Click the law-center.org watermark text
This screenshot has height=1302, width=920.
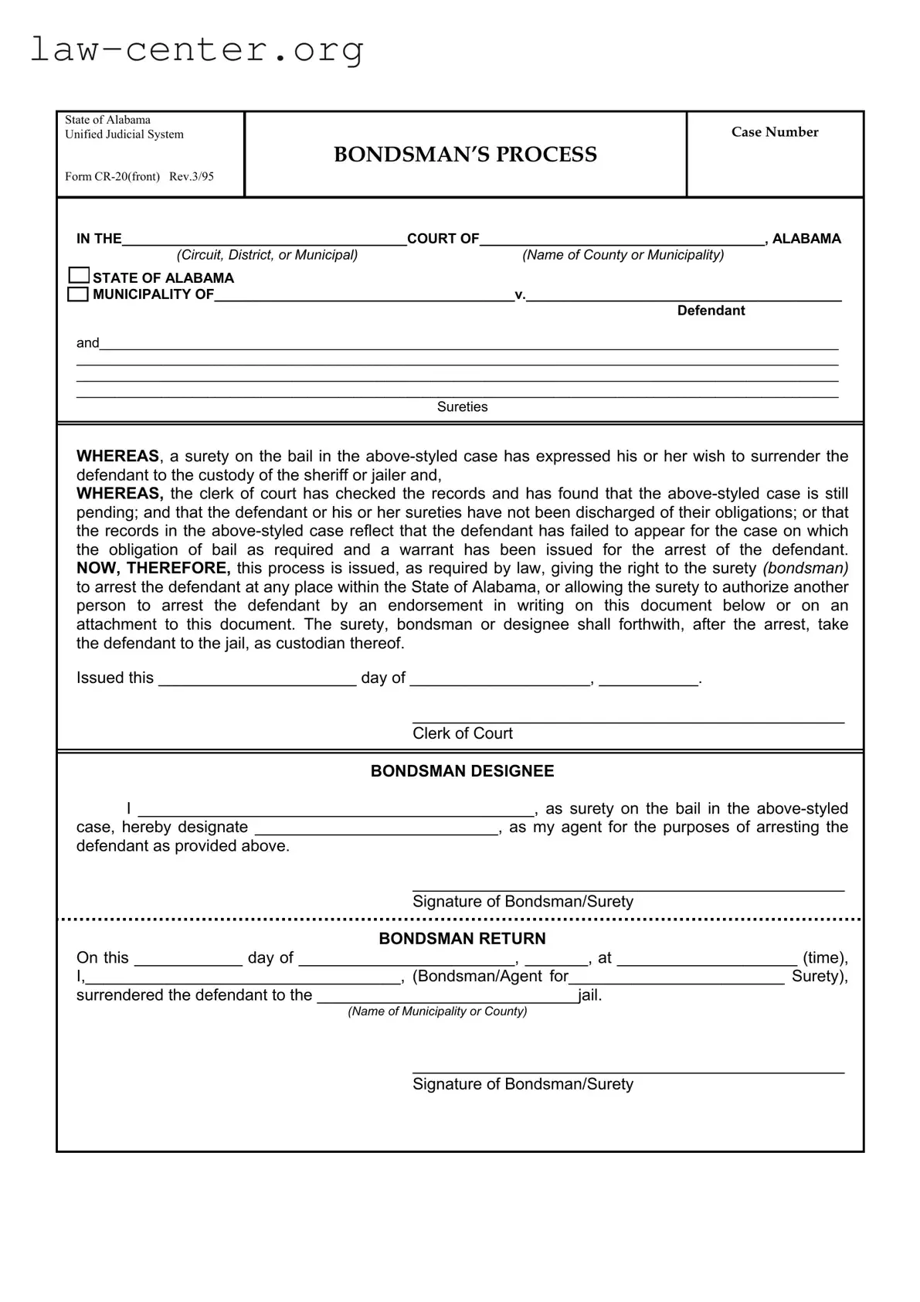[x=196, y=50]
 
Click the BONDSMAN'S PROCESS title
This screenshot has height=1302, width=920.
[x=465, y=155]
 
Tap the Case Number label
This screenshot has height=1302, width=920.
[x=775, y=132]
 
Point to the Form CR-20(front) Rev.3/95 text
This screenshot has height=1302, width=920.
[x=139, y=176]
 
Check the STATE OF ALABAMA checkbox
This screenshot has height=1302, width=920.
[x=79, y=276]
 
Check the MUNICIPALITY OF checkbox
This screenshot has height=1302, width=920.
[x=78, y=294]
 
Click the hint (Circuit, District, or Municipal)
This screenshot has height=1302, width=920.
[x=267, y=255]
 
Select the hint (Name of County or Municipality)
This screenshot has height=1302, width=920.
[x=623, y=255]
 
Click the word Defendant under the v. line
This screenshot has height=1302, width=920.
[x=711, y=311]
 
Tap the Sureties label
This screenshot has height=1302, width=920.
[x=462, y=407]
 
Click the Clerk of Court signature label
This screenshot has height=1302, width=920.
[x=462, y=734]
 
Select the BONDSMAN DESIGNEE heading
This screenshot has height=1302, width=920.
[x=462, y=771]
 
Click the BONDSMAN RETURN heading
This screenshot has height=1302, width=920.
[x=462, y=939]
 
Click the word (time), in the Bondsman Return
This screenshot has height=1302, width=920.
[x=825, y=958]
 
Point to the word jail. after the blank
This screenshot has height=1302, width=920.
[x=590, y=995]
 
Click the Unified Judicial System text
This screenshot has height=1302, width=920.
[x=124, y=134]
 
